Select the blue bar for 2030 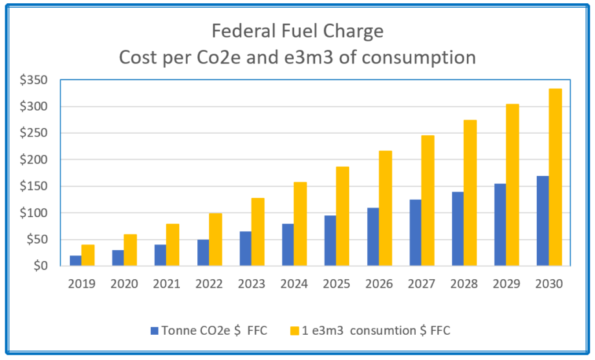click(543, 220)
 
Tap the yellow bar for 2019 click(88, 255)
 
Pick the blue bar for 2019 click(76, 260)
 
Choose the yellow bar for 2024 click(300, 224)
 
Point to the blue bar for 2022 click(203, 252)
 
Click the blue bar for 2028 click(458, 228)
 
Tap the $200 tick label click(38, 160)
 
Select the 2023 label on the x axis click(252, 284)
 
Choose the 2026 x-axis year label click(379, 284)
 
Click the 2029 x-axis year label click(506, 284)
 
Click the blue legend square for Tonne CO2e click(155, 330)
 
